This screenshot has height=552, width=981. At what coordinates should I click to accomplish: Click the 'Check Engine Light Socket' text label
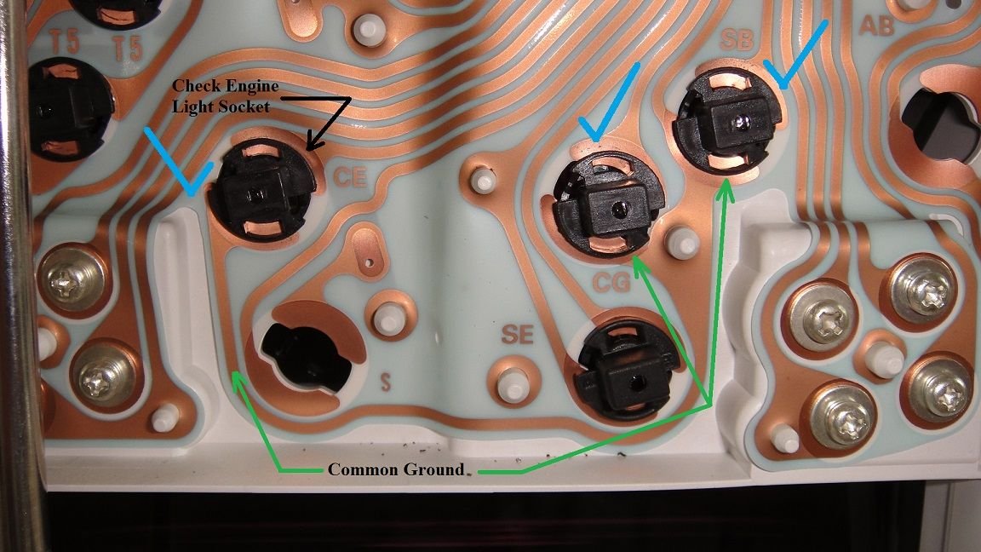tap(226, 96)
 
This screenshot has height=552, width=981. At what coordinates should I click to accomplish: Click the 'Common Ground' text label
tap(396, 469)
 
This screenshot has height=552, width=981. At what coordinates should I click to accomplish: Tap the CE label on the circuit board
tap(350, 179)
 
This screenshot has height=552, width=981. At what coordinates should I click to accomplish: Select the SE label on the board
tap(517, 335)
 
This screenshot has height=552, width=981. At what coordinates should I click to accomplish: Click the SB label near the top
tap(735, 41)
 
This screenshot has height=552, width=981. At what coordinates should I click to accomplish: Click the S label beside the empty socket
tap(385, 382)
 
